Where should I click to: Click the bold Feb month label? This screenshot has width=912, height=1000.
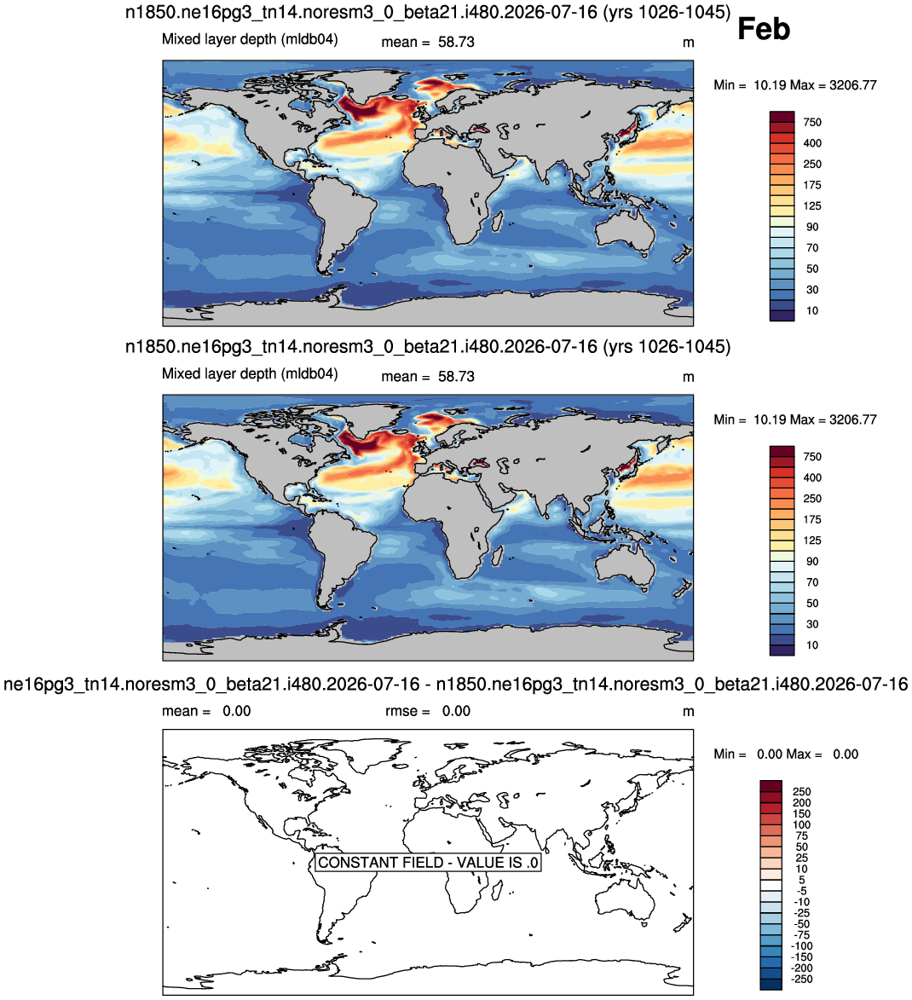(764, 29)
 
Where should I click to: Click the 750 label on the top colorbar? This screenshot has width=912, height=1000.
(812, 123)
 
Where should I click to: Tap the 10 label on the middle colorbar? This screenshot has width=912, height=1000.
(812, 645)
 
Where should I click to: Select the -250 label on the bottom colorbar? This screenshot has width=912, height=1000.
(802, 979)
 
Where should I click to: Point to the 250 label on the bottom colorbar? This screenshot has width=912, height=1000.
(802, 791)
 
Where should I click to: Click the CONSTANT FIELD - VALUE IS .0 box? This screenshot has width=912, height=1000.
(428, 862)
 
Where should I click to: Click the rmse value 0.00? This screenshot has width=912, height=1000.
(457, 711)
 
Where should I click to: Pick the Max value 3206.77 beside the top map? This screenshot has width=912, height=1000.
(852, 85)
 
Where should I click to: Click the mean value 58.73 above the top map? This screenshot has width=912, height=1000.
(456, 42)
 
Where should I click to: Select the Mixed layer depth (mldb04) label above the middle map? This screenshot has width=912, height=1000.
(250, 373)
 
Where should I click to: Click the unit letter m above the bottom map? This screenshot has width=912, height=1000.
(688, 712)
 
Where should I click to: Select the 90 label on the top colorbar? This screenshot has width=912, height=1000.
(812, 227)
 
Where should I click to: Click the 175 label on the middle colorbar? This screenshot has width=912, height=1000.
(812, 520)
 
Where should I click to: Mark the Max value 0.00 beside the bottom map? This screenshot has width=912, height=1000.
(846, 754)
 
